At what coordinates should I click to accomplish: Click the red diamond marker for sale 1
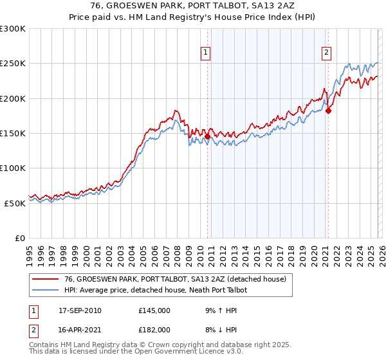pos(207,137)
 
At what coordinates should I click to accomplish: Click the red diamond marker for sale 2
pos(328,111)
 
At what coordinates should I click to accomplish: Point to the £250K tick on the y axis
pos(14,64)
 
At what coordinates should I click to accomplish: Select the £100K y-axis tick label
pos(14,168)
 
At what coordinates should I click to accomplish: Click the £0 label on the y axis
pos(20,238)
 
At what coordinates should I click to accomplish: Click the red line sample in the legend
pos(46,279)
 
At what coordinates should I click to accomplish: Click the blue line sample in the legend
pos(46,291)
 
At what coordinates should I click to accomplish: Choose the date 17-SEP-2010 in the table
pos(80,310)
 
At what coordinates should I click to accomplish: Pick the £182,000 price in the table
pos(154,329)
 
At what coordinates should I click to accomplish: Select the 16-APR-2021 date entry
pos(80,329)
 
